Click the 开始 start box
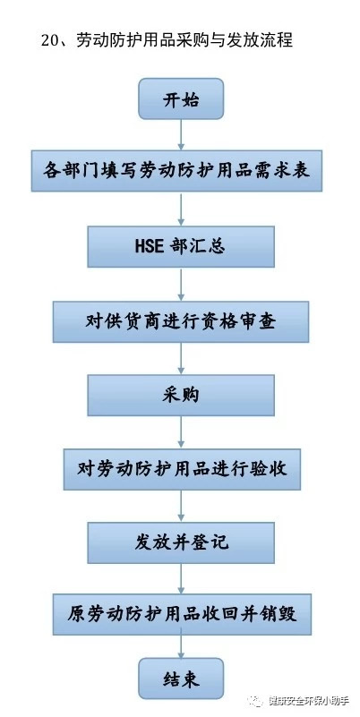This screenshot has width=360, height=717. [181, 98]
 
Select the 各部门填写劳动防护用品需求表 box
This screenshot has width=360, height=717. [176, 171]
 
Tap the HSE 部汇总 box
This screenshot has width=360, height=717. [181, 246]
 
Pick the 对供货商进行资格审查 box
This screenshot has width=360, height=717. [181, 322]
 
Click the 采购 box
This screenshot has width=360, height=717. [181, 396]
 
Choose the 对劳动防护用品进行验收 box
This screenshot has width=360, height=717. [182, 469]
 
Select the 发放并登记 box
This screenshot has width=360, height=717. [181, 542]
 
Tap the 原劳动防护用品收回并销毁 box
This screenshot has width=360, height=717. [182, 614]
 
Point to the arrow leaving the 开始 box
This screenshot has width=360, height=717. [181, 135]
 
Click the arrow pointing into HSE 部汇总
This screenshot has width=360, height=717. [181, 209]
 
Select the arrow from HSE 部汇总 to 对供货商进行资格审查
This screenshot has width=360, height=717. [181, 285]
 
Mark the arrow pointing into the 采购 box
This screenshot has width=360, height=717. [181, 358]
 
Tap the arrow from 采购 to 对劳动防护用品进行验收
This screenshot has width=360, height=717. [181, 432]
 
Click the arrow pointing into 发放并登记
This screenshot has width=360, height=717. [181, 507]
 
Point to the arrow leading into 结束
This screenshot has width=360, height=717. [181, 646]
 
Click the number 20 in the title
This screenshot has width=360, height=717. [48, 41]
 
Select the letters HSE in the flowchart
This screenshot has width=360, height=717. [149, 247]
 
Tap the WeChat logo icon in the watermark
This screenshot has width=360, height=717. [255, 700]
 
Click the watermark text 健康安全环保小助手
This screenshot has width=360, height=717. [308, 701]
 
